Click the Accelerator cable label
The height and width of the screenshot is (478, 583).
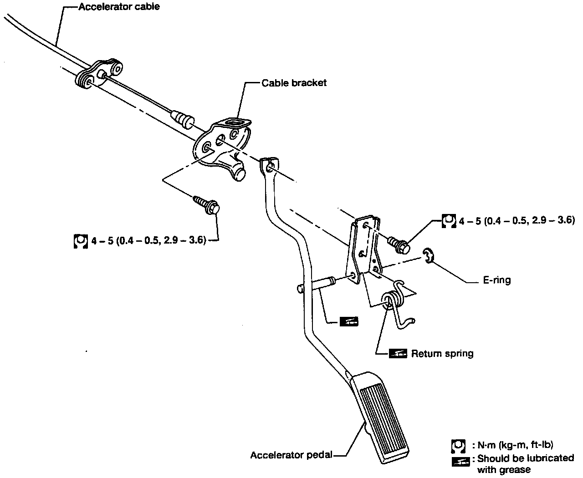coord(119,7)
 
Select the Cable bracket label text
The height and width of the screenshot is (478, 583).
coord(294,83)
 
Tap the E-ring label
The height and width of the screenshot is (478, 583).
coord(497,280)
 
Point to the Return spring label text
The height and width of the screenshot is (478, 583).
coord(442,353)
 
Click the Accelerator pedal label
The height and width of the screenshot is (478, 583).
coord(291,455)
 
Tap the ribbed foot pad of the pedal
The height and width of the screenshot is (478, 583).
coord(382,415)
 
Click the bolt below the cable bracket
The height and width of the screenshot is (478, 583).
coord(207,204)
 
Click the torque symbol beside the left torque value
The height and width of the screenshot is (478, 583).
coord(80,241)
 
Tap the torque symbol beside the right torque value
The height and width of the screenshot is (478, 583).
coord(449,221)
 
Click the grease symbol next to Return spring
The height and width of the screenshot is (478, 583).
coord(398,354)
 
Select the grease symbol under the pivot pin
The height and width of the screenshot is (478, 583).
coord(349,322)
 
